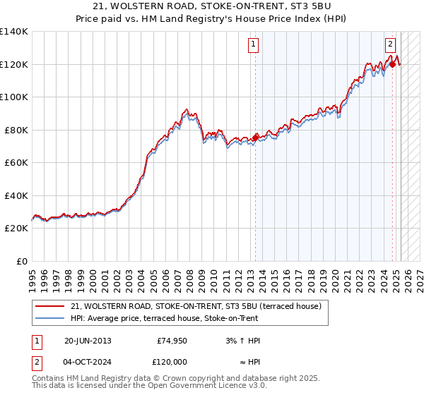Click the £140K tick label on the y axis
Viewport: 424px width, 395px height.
(14, 32)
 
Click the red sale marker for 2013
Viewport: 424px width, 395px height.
(255, 138)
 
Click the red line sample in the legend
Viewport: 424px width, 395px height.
(50, 306)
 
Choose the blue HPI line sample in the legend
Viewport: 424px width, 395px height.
(50, 318)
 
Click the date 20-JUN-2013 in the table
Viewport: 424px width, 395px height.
(88, 341)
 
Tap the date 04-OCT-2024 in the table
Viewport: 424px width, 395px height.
(88, 362)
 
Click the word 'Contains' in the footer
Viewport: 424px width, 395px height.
(50, 378)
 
